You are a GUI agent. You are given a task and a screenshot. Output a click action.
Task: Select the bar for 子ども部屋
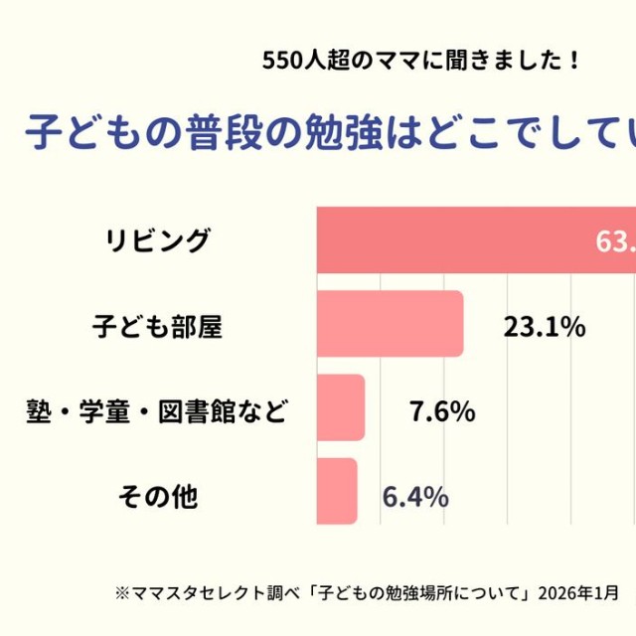391,324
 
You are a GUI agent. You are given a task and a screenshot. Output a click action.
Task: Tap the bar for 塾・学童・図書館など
341,407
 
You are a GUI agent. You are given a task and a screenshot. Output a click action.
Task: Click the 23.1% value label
544,327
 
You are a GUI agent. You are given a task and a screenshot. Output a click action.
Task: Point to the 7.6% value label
442,410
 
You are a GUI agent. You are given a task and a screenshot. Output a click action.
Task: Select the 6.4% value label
414,495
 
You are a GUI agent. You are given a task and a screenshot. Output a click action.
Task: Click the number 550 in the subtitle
279,61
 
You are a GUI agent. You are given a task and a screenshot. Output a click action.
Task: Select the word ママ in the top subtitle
387,61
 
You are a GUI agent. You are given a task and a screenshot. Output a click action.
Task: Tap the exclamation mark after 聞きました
574,61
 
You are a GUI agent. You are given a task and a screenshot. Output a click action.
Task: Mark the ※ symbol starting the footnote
122,593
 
